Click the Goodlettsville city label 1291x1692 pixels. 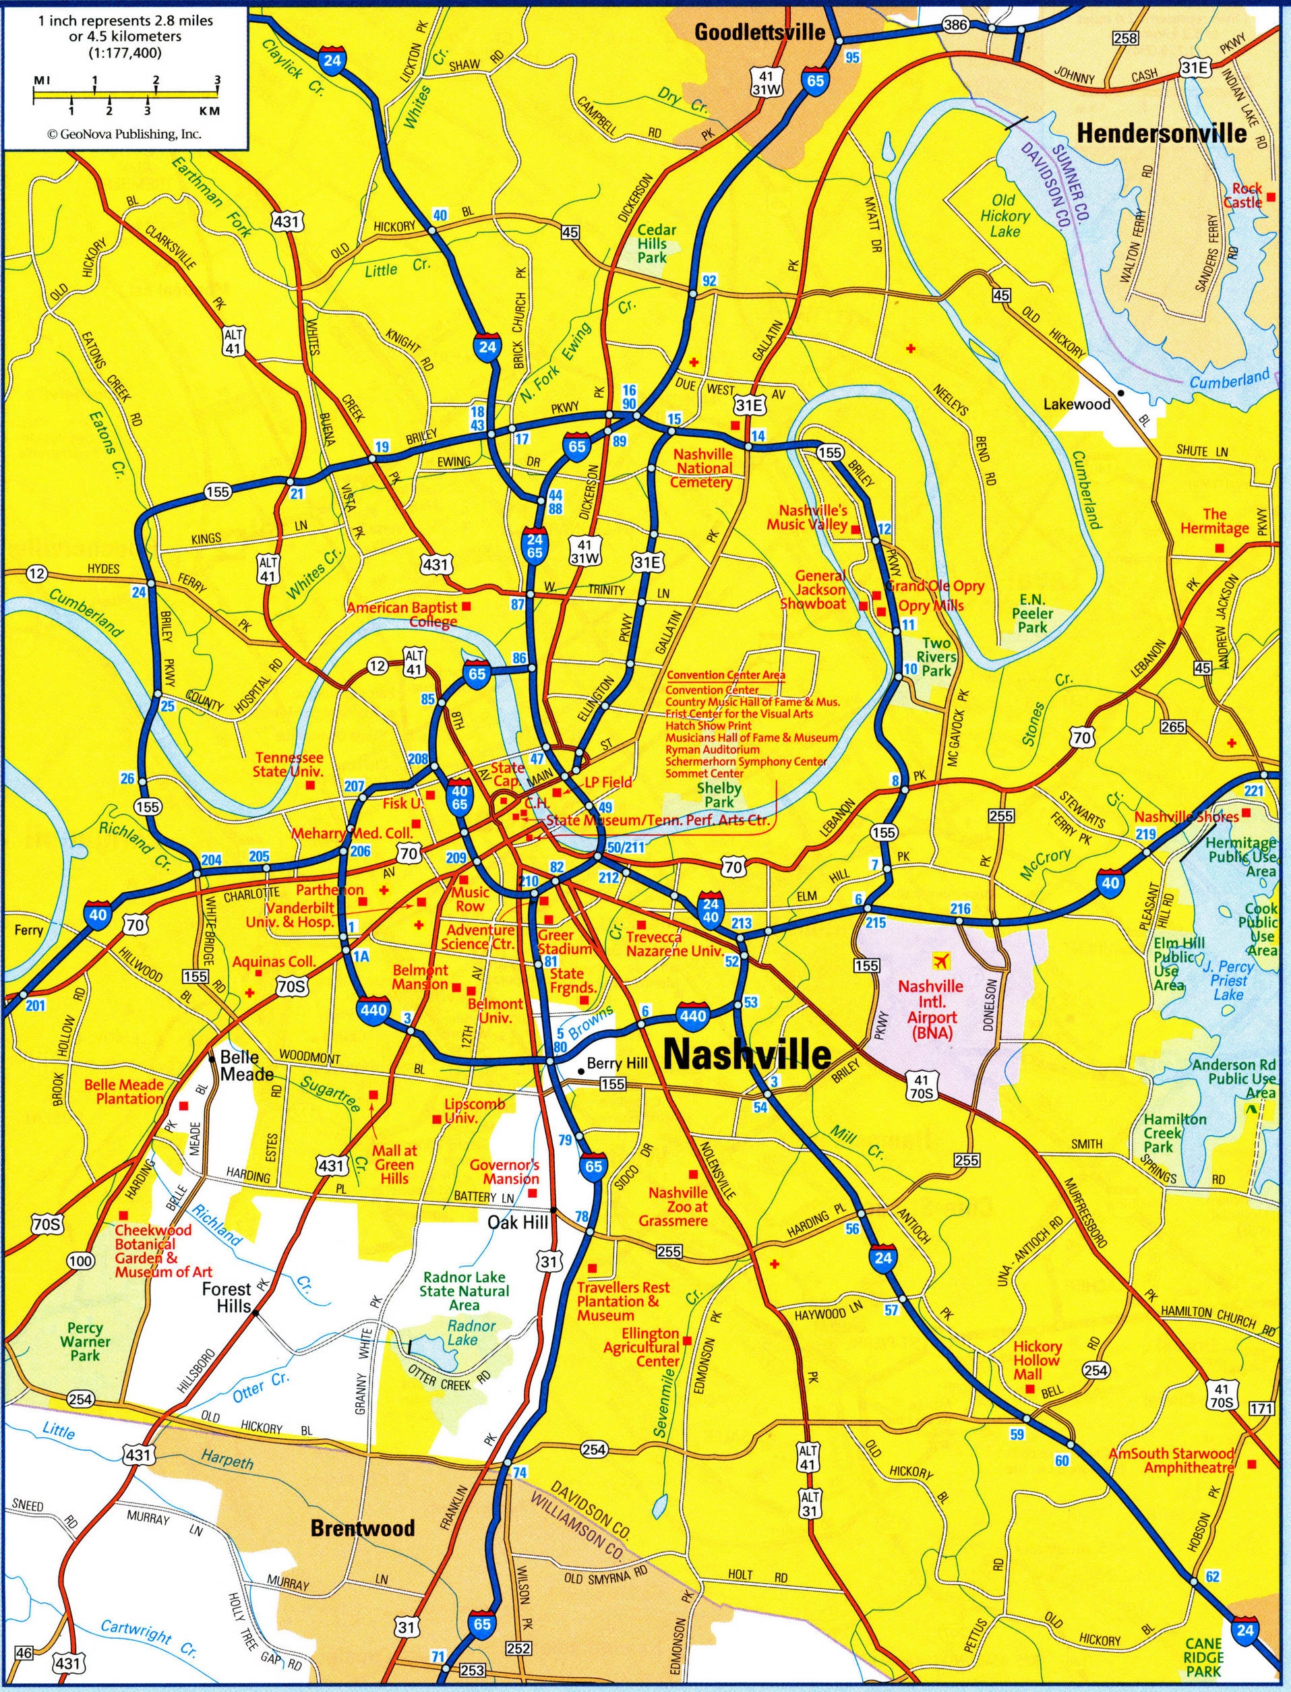click(x=759, y=32)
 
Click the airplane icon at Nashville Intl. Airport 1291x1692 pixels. click(x=940, y=960)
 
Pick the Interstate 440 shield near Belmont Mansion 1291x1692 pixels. click(x=373, y=1009)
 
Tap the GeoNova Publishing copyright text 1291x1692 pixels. click(x=125, y=133)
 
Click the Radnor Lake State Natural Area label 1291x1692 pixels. click(x=464, y=1291)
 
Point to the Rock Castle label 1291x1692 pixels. click(x=1242, y=195)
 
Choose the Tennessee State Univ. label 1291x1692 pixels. click(x=289, y=764)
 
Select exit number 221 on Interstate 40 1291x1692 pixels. click(x=1253, y=791)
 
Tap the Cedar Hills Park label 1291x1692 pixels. click(x=656, y=243)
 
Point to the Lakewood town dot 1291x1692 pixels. click(x=1121, y=392)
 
